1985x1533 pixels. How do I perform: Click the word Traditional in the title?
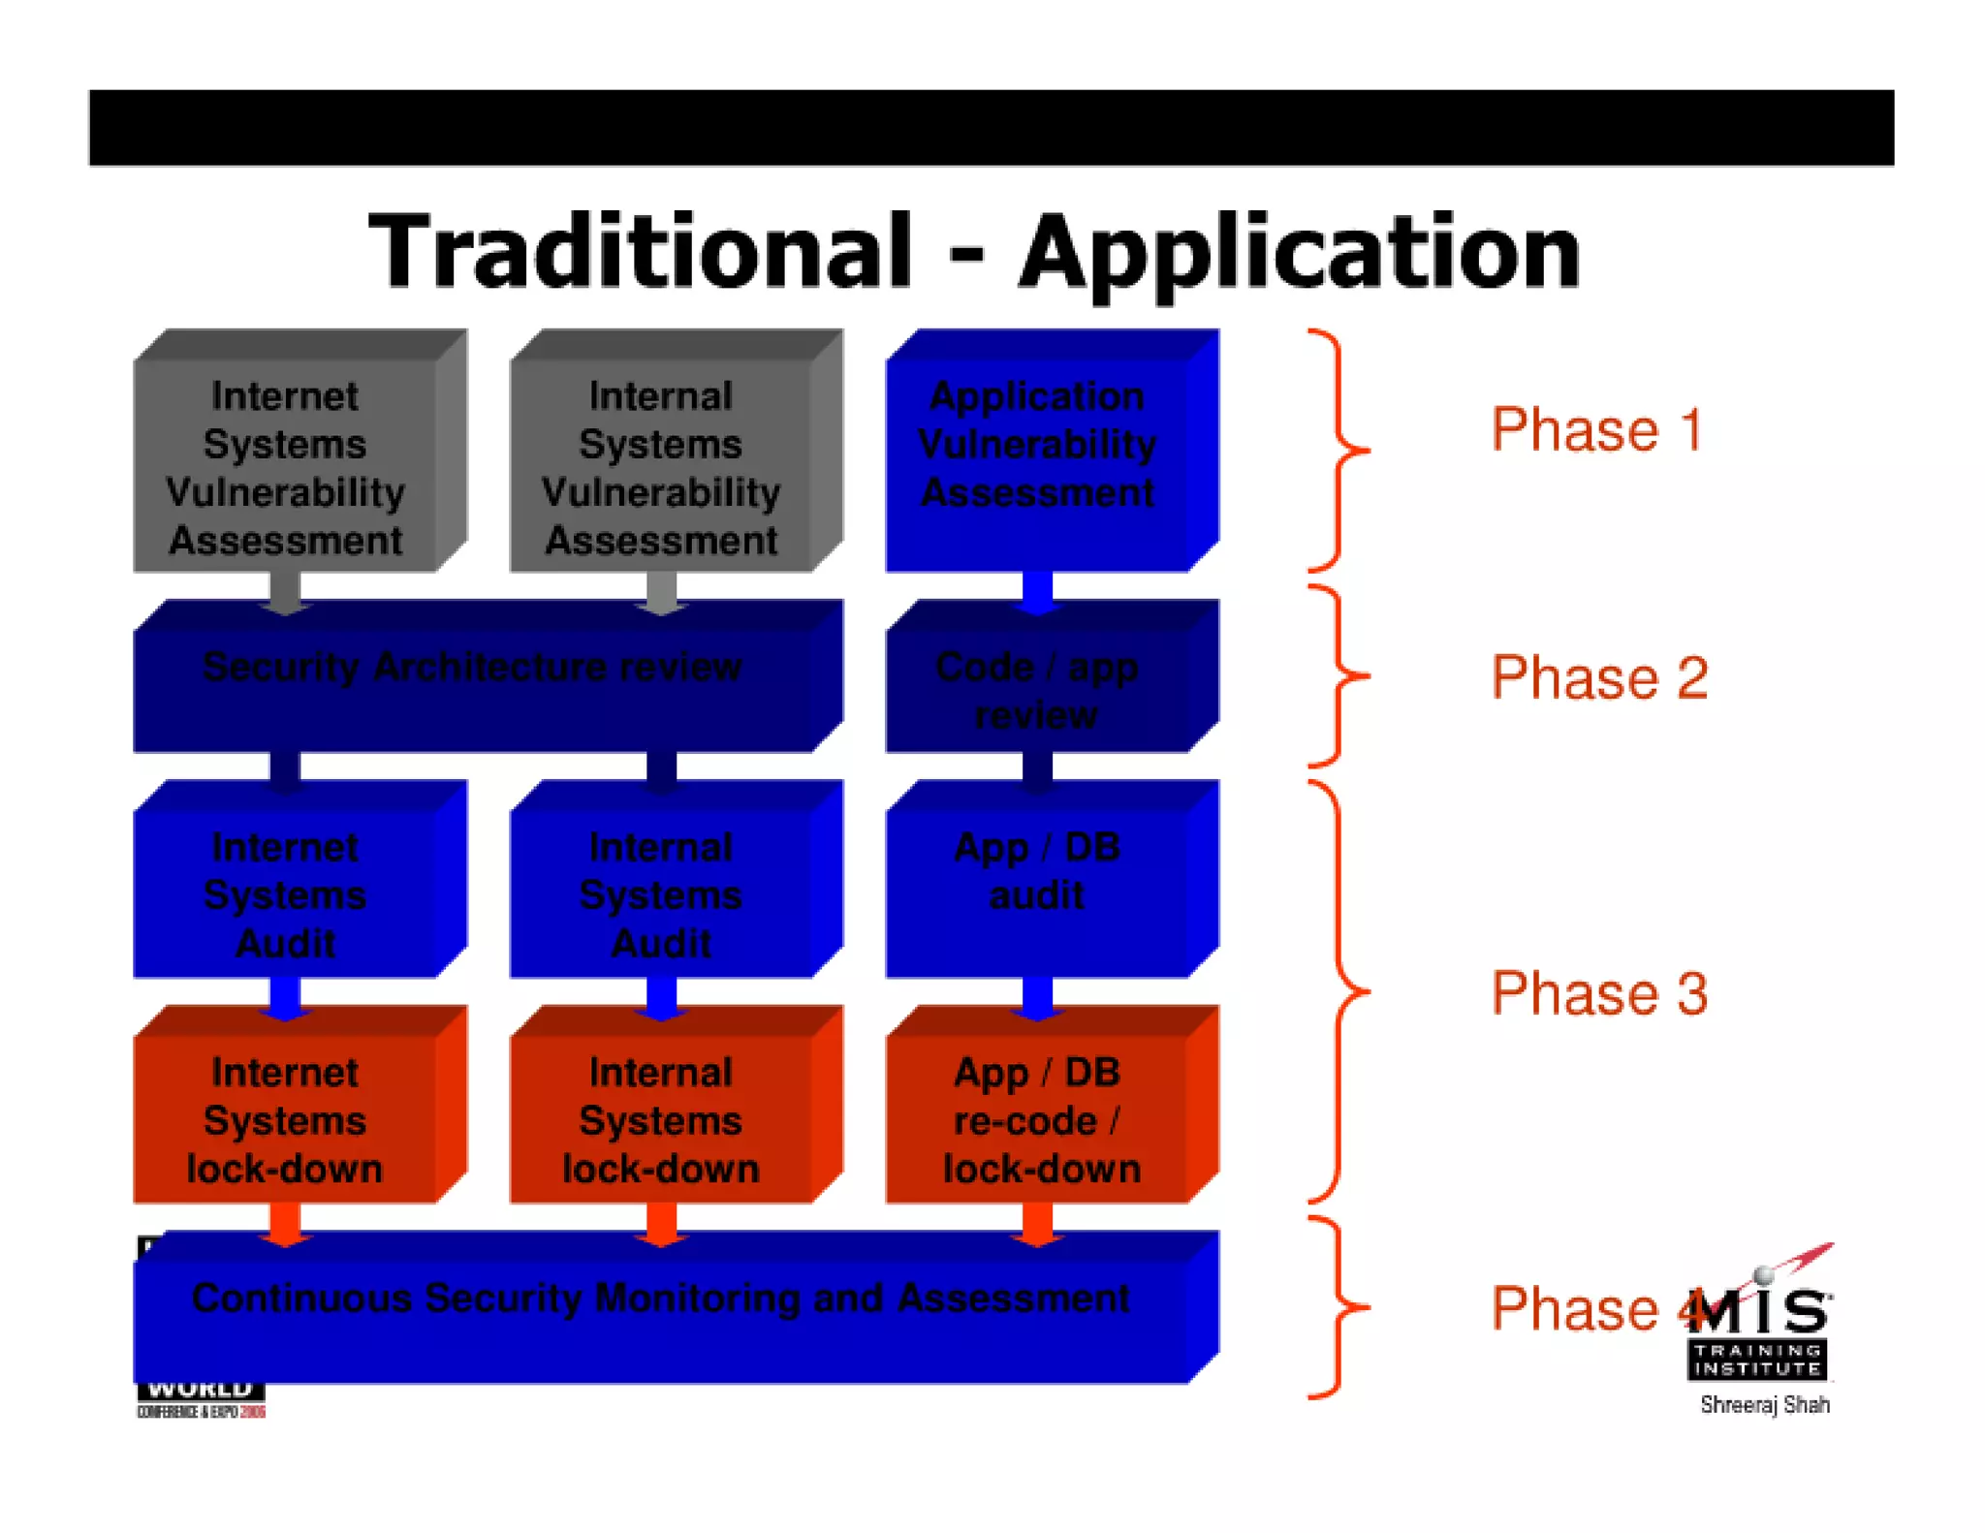point(640,252)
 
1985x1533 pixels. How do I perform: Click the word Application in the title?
point(1299,254)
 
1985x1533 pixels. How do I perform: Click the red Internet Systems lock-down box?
point(286,1120)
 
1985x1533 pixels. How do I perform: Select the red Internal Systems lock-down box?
point(661,1120)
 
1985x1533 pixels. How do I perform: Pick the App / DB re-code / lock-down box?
point(1037,1120)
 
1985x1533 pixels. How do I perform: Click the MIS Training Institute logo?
point(1760,1328)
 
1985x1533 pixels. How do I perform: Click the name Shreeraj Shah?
point(1764,1404)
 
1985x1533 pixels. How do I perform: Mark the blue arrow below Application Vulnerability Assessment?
point(1037,592)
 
